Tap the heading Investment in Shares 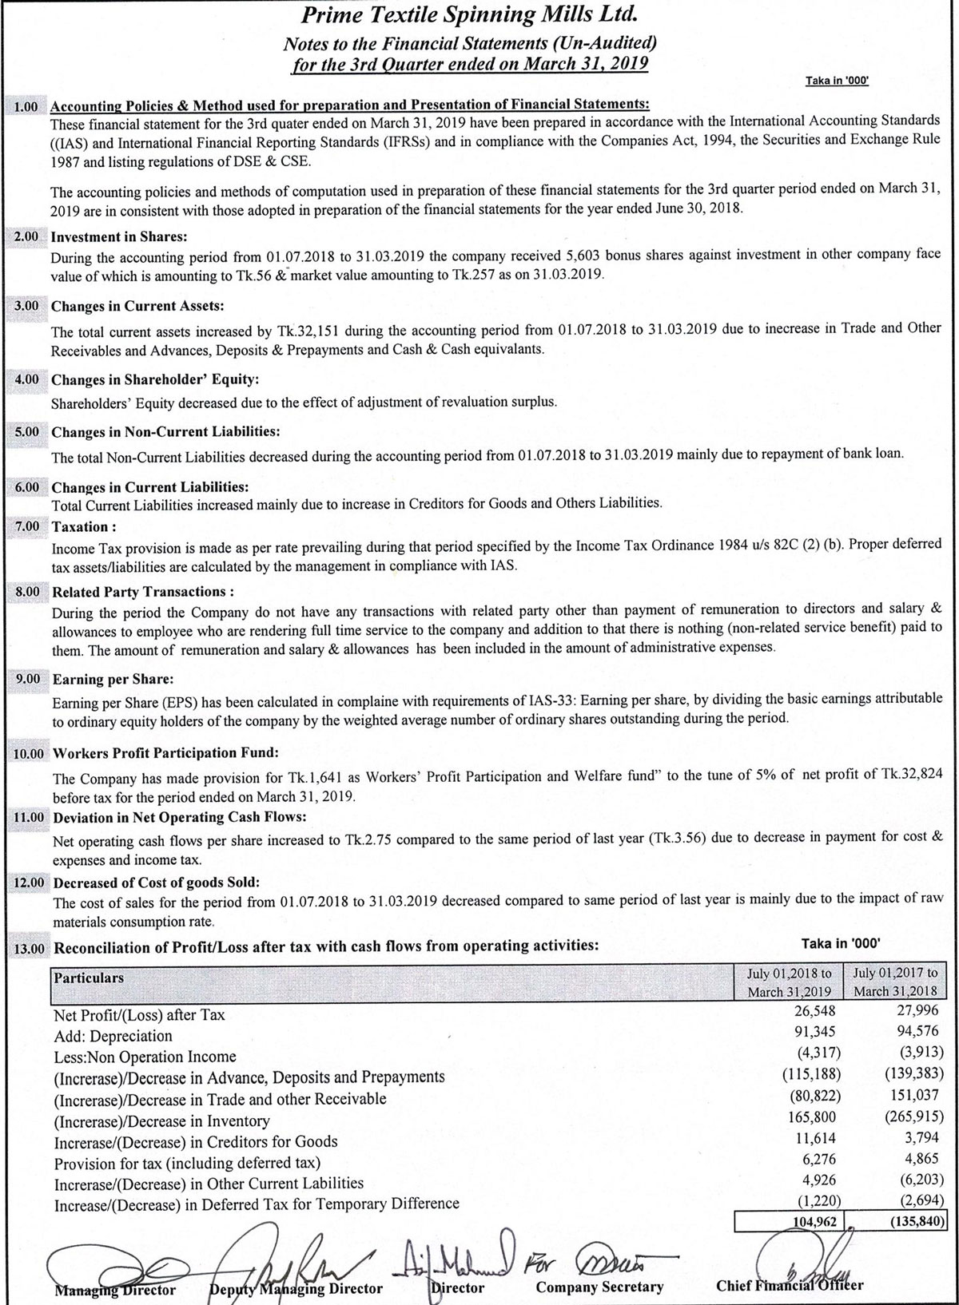(119, 236)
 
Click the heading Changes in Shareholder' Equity (155, 379)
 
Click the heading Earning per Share (113, 679)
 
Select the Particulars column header (89, 978)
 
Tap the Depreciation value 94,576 (917, 1031)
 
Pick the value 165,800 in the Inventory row (814, 1116)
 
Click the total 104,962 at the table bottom (814, 1221)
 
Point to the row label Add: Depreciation (113, 1036)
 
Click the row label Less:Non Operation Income (145, 1057)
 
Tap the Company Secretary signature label (599, 1287)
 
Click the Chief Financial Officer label (790, 1286)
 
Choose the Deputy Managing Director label (296, 1288)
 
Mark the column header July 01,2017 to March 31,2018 (895, 982)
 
